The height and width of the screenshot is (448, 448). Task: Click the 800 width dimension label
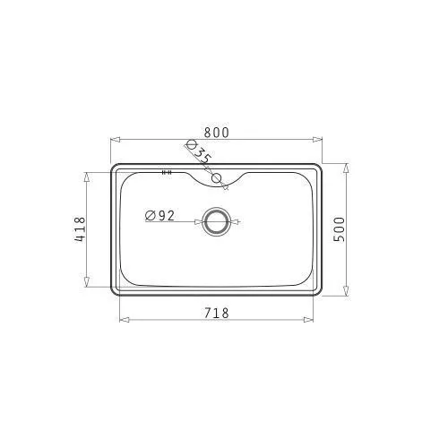(217, 133)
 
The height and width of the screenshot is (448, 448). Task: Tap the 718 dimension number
(217, 313)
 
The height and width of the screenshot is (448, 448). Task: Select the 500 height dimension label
(339, 229)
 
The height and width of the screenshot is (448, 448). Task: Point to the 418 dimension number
(80, 229)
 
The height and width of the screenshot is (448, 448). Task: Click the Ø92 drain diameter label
(159, 215)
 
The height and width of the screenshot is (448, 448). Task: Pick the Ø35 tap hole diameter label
(198, 152)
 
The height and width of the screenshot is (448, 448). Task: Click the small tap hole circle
(216, 178)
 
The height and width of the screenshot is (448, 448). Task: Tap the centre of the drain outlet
(217, 222)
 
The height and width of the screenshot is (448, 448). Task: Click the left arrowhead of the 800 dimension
(116, 140)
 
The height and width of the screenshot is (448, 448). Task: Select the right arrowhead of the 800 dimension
(317, 140)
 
